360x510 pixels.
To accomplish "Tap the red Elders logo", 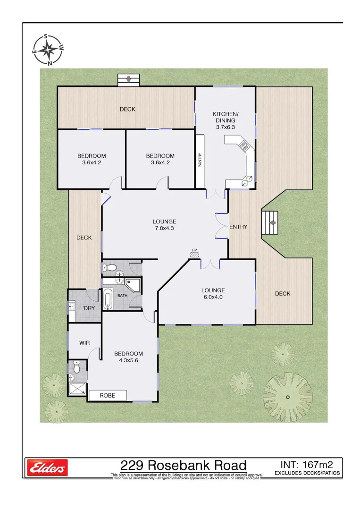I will click(x=47, y=467).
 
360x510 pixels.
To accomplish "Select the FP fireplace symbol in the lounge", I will click(x=194, y=254).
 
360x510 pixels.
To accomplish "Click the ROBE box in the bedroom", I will click(x=108, y=395).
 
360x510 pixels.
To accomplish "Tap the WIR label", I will click(x=84, y=342).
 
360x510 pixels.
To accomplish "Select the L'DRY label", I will click(x=87, y=308).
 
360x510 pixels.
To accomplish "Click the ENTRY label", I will click(x=238, y=227).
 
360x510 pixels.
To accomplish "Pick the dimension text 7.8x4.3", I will click(x=164, y=229).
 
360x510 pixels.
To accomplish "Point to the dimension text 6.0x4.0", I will click(x=213, y=297).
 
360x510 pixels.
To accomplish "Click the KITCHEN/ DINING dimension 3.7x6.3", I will click(x=226, y=127).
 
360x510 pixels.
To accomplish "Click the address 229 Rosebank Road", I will click(x=184, y=466).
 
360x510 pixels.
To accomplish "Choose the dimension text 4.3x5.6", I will click(x=128, y=361).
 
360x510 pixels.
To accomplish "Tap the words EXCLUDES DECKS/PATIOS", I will click(x=307, y=473).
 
